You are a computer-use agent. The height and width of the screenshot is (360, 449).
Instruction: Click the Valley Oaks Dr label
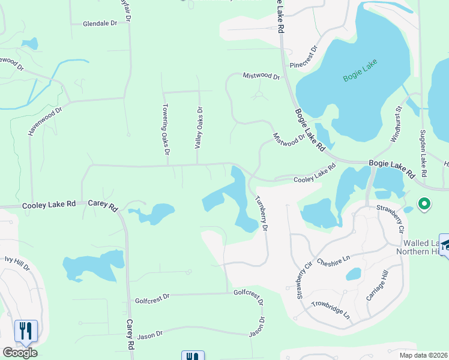point(199,127)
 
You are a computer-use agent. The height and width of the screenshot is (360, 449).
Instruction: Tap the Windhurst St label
point(396,125)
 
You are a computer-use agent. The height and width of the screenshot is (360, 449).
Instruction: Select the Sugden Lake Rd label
point(423,153)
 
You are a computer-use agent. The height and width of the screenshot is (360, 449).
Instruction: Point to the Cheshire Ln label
point(333,262)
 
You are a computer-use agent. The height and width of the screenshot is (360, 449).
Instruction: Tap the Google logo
point(20,353)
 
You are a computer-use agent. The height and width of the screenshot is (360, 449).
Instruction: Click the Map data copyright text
point(424,355)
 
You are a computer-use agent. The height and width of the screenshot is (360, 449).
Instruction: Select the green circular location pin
point(424,205)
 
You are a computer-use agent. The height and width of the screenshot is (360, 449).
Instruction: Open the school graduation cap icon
point(445,245)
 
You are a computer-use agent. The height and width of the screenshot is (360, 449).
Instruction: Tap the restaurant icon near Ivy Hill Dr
point(25,331)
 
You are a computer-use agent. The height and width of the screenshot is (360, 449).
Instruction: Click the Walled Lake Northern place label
point(420,247)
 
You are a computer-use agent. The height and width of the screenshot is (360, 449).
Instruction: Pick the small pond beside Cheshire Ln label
point(354,274)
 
